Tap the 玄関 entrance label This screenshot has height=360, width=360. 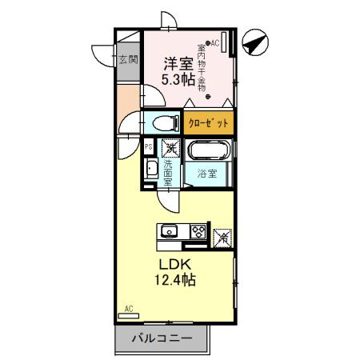(x=128, y=59)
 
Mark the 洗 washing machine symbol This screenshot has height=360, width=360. (x=169, y=148)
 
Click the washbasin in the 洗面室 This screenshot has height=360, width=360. (x=150, y=169)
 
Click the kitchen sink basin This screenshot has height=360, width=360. (x=170, y=232)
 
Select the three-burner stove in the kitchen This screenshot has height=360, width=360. (x=198, y=232)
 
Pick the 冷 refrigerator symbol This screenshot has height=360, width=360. (x=223, y=237)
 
